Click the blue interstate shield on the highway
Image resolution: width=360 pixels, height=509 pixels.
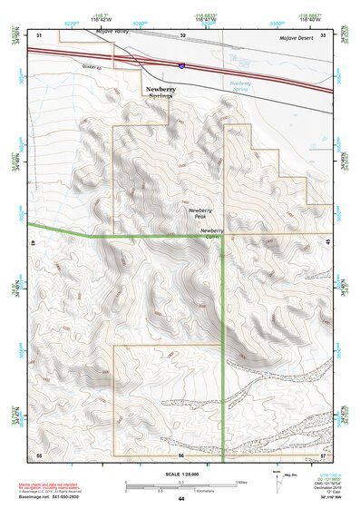pos(181,67)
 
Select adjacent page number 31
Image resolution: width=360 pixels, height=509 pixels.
pos(39,34)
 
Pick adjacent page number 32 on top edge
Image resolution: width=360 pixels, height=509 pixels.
pos(182,34)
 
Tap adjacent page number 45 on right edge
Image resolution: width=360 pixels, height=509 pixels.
pos(326,242)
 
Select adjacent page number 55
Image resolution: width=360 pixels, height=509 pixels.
pos(39,453)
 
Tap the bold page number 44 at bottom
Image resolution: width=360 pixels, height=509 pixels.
pos(181,498)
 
